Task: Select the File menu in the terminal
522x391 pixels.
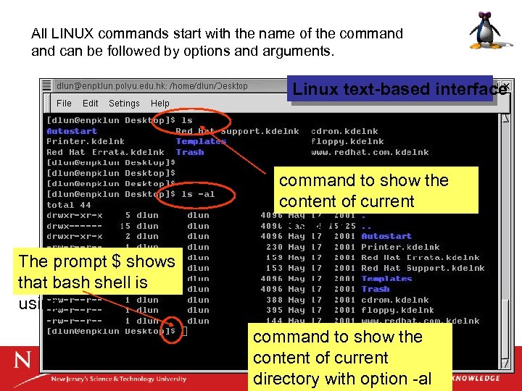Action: tap(64, 104)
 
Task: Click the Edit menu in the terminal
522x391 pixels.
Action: tap(91, 104)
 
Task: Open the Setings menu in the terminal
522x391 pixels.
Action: tap(124, 104)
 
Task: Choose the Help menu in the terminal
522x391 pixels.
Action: tap(160, 104)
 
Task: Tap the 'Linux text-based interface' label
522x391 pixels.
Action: tap(399, 90)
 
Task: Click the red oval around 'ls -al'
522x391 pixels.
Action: tap(207, 194)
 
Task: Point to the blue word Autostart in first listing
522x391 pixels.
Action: tap(72, 131)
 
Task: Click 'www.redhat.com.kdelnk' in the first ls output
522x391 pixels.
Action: tap(370, 152)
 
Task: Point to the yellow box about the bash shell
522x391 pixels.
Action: tap(97, 272)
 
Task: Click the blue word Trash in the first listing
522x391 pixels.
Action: tap(190, 152)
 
